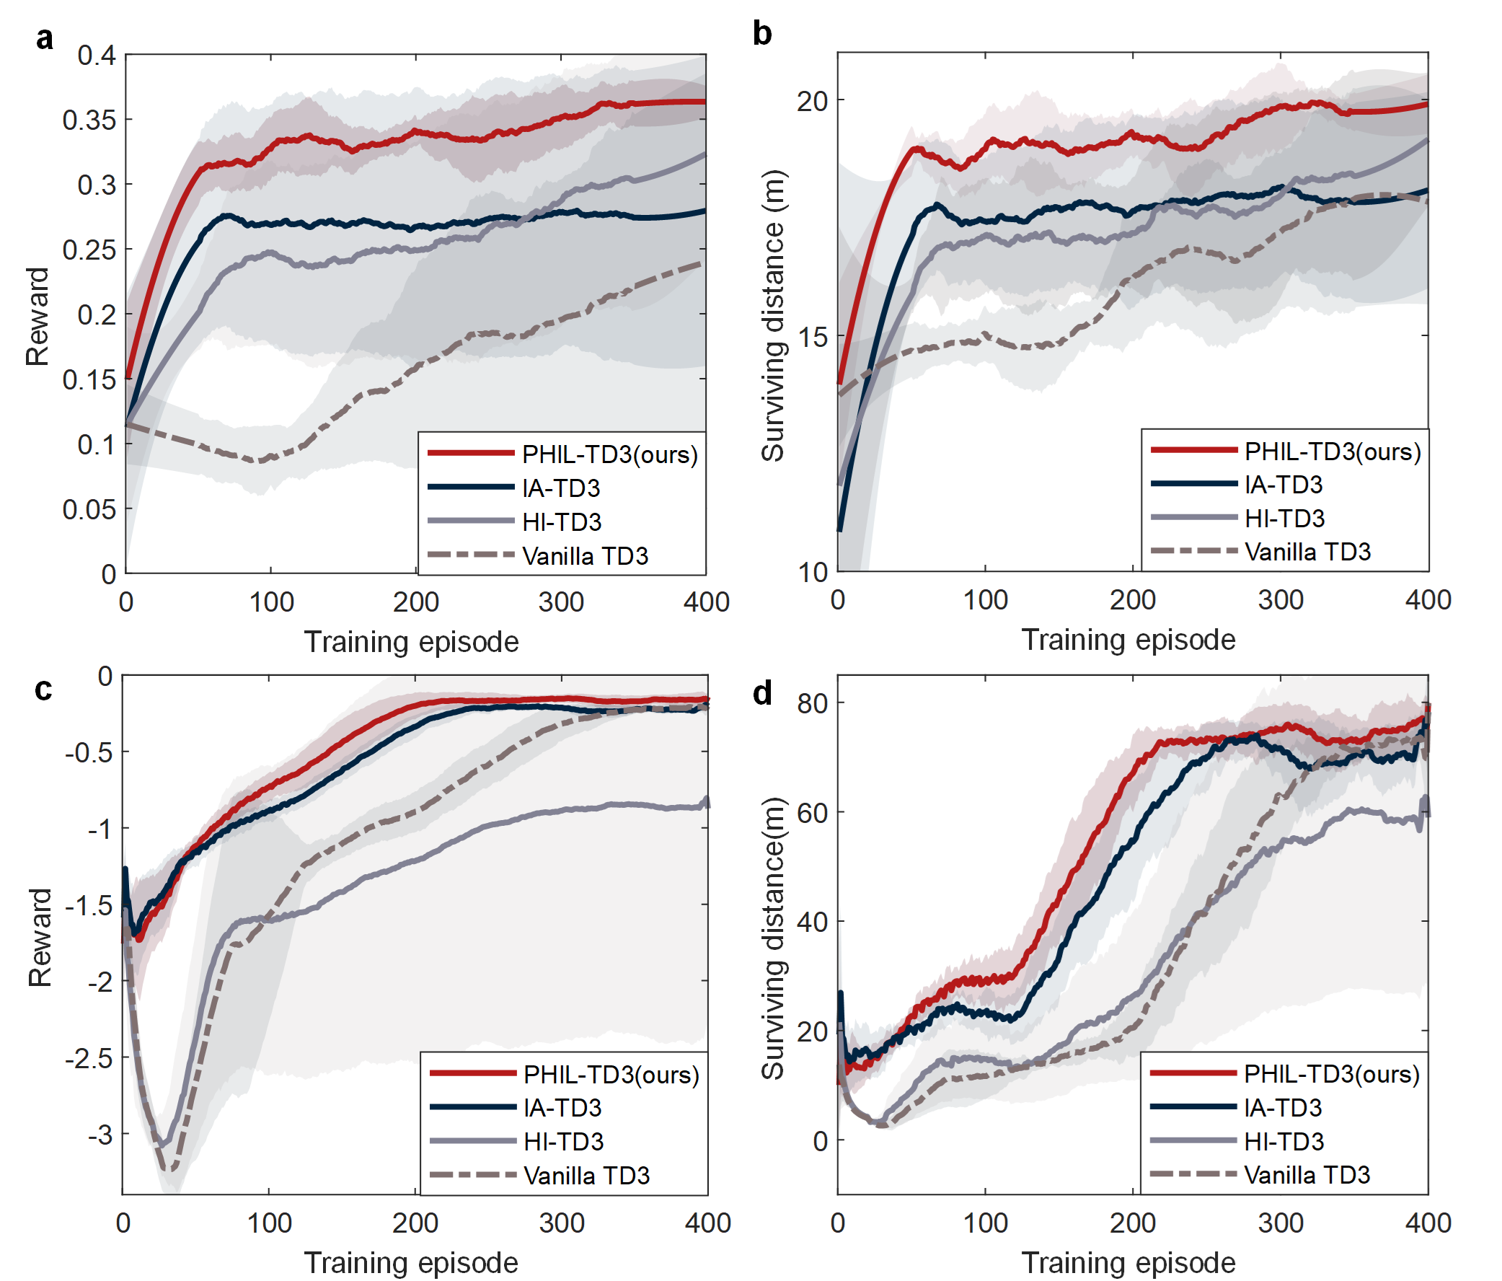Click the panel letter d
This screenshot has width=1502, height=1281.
point(763,694)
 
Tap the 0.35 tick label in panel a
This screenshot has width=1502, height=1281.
point(89,120)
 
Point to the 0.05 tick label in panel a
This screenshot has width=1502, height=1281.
point(89,510)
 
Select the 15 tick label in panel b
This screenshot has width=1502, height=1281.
point(813,337)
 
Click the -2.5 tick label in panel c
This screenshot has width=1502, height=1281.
point(89,1057)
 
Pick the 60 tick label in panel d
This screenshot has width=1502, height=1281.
point(813,813)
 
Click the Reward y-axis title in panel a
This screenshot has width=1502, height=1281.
point(37,316)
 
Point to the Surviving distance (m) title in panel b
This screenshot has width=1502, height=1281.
point(773,316)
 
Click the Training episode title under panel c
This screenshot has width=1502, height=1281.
point(411,1263)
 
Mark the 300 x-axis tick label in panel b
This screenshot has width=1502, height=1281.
point(1281,600)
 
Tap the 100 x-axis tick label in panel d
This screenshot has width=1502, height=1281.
point(985,1223)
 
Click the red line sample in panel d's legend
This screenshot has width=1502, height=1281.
point(1193,1073)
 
